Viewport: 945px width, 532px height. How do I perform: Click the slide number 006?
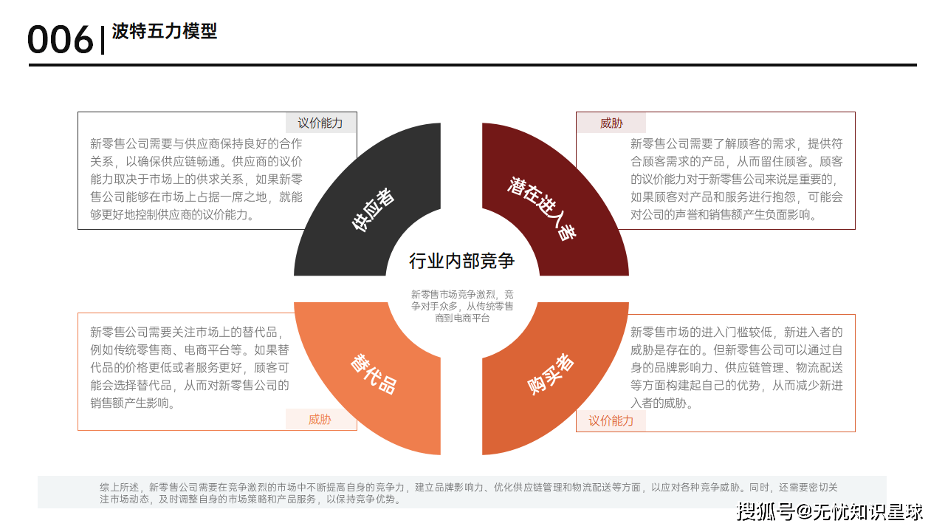[60, 40]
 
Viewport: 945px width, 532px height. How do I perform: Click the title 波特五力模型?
[164, 31]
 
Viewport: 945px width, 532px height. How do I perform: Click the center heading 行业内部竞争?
[461, 261]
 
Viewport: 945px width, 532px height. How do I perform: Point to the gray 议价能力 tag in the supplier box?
[320, 123]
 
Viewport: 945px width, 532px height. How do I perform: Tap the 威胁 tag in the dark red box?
[611, 123]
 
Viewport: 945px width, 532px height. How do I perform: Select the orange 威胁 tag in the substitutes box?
[320, 419]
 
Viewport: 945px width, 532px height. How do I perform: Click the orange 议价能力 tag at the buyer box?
[611, 420]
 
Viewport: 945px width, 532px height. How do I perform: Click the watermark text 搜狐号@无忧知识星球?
[829, 512]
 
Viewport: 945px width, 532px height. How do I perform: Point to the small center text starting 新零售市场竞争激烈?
[462, 306]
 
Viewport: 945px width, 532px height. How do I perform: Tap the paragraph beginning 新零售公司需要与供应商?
[196, 179]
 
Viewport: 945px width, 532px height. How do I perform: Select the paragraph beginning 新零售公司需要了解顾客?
[736, 179]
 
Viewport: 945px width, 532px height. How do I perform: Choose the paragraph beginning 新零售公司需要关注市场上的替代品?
[190, 367]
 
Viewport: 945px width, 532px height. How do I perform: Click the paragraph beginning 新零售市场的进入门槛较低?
[736, 367]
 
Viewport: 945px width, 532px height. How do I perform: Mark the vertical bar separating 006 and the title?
[103, 40]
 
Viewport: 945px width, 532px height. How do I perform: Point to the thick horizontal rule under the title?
[472, 65]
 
